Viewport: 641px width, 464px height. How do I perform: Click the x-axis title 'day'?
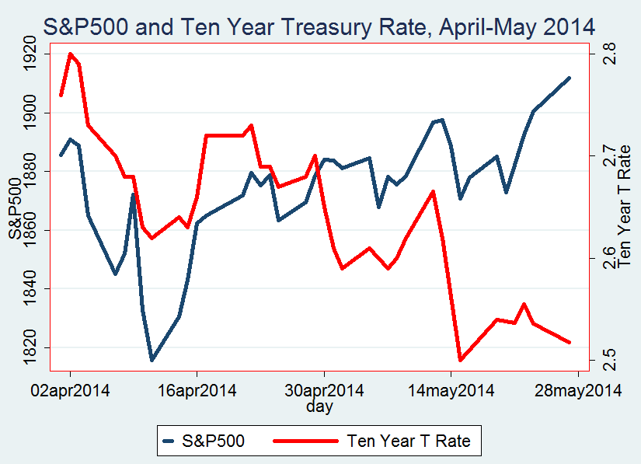pyautogui.click(x=319, y=406)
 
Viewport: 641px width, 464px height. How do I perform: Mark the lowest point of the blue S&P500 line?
pyautogui.click(x=152, y=360)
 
